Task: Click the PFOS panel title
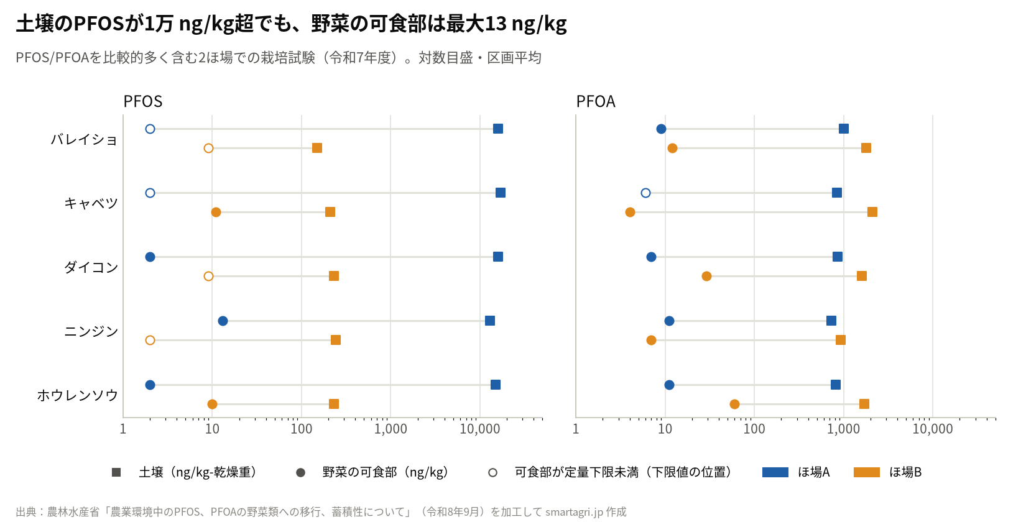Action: tap(143, 101)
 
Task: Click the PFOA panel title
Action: tap(596, 101)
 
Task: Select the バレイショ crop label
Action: tap(84, 139)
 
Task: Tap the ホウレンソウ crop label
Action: tap(77, 395)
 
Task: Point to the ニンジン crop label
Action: tap(91, 331)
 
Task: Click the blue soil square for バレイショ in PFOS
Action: tap(498, 129)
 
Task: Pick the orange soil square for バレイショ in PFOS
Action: tap(317, 148)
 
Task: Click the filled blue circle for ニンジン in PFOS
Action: tap(223, 321)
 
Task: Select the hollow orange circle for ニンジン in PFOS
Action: tap(150, 340)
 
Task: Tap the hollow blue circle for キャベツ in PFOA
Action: tap(645, 193)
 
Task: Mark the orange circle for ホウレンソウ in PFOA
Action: tap(734, 405)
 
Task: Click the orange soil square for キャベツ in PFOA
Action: tap(872, 212)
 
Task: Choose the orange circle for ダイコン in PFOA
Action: tap(706, 276)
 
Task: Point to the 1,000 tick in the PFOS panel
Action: tap(391, 429)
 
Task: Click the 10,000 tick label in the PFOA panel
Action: tap(933, 429)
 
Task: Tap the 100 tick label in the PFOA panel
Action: tap(754, 429)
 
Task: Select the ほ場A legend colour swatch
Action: tap(775, 472)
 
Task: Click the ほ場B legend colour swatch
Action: tap(867, 472)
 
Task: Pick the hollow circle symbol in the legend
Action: tap(493, 472)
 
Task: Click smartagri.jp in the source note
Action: tap(573, 511)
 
